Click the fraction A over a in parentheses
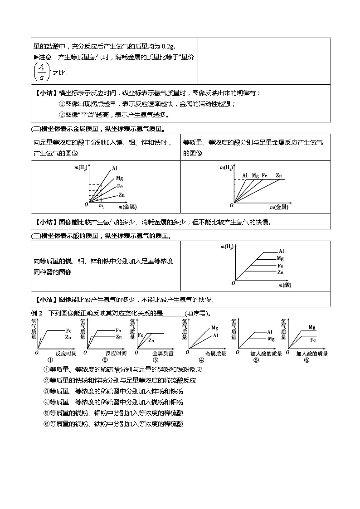41,71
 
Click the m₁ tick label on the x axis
102,207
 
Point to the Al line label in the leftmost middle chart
115,169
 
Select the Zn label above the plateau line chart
278,175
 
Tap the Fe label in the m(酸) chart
280,265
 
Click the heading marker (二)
35,129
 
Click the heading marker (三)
35,236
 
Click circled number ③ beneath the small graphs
155,361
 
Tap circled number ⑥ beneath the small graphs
307,361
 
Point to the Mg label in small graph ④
214,328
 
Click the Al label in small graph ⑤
269,332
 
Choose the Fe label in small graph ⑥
313,339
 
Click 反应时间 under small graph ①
66,354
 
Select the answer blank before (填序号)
173,314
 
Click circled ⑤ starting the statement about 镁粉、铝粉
46,413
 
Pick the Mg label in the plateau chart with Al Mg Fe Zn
255,175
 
